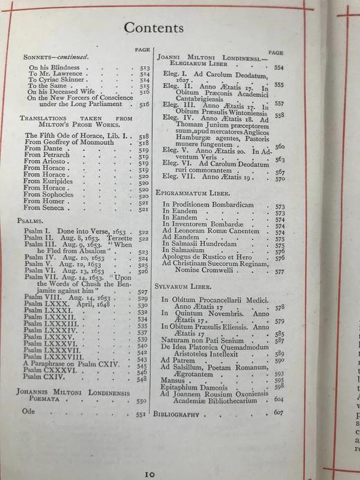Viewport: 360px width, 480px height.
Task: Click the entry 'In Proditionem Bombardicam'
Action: coord(207,206)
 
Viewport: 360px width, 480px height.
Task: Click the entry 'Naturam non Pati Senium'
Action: coord(206,340)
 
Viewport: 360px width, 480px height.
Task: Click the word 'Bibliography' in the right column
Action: coord(179,414)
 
